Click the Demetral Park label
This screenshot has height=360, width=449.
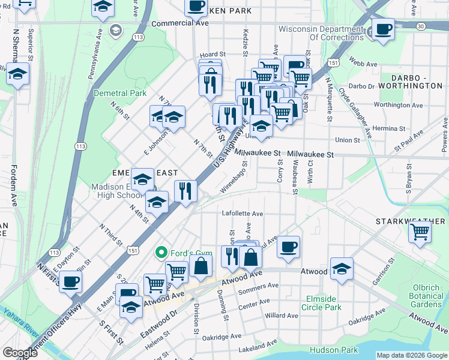[x=120, y=93]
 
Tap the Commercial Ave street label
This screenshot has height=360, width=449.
[x=179, y=23]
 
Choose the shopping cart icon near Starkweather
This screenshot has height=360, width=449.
[x=420, y=230]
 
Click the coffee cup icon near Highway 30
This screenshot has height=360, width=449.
[x=382, y=28]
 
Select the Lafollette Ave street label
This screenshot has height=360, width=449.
[x=243, y=213]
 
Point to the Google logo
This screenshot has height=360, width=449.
[x=19, y=353]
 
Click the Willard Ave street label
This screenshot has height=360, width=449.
[x=282, y=315]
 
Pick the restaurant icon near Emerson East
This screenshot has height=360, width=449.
[x=185, y=191]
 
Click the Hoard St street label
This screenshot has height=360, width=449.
[x=212, y=54]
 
